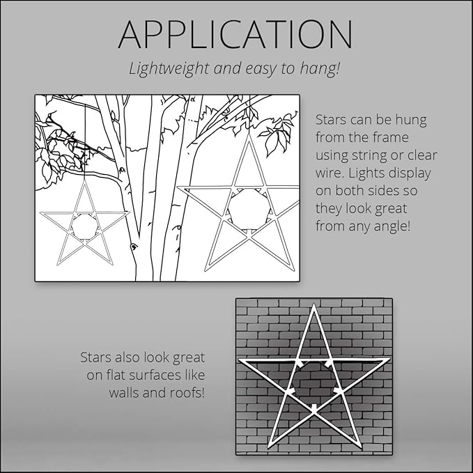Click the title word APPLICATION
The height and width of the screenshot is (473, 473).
(235, 34)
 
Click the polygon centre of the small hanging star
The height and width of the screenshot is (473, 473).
(84, 226)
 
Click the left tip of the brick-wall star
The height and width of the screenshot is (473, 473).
(240, 361)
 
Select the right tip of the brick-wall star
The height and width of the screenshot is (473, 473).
(389, 360)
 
